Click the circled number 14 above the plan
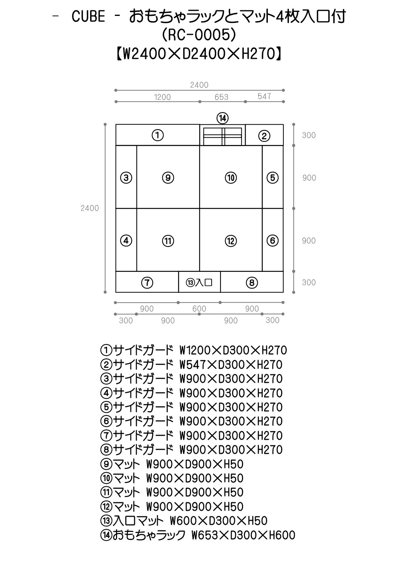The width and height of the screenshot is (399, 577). [222, 118]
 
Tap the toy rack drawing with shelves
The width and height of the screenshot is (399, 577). [222, 135]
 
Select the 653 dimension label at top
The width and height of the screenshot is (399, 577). [222, 97]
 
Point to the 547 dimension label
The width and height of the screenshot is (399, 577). [264, 96]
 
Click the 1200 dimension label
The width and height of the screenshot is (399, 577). [162, 97]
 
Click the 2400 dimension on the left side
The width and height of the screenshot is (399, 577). [89, 208]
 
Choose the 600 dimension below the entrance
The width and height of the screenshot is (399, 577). [199, 308]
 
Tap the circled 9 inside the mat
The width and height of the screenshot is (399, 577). [168, 178]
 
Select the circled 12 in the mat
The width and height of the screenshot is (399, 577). [231, 241]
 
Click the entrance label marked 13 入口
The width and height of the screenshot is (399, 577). [199, 283]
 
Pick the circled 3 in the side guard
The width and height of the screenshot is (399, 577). [126, 178]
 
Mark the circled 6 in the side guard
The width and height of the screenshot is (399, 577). [272, 240]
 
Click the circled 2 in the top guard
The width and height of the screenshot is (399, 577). [264, 136]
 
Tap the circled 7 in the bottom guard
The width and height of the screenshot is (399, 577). [147, 283]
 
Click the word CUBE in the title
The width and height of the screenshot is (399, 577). [88, 17]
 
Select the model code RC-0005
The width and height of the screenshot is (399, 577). [199, 35]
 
